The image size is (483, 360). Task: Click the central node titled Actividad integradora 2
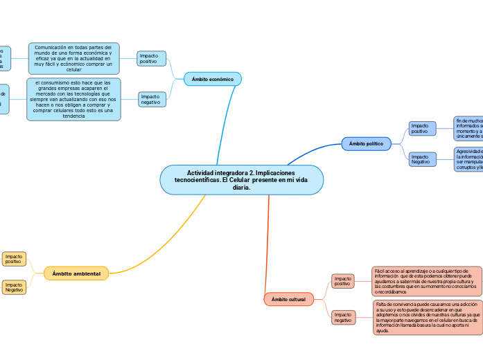(241, 180)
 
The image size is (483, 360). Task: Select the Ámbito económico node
(212, 80)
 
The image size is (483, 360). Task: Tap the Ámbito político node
(367, 143)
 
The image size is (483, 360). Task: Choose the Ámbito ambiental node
(76, 273)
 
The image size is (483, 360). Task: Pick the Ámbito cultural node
(288, 299)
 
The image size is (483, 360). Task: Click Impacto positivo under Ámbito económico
(151, 58)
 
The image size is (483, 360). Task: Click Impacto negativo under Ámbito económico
(152, 99)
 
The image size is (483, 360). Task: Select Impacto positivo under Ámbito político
(422, 128)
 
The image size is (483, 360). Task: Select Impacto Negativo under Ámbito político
(422, 159)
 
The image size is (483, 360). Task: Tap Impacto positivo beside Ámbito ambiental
(14, 259)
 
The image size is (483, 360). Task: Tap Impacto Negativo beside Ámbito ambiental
(14, 287)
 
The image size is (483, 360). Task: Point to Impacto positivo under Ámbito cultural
(343, 280)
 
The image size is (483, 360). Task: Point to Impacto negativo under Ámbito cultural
(343, 317)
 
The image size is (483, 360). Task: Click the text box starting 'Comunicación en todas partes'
(73, 58)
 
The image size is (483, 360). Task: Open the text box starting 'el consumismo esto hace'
(73, 99)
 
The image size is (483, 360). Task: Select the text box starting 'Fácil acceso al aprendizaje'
(425, 281)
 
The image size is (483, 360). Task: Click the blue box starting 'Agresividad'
(468, 159)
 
